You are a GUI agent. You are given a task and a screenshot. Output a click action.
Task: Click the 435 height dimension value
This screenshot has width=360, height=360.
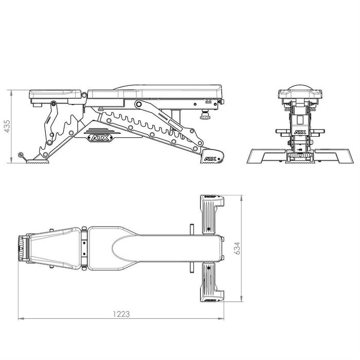[x=7, y=127]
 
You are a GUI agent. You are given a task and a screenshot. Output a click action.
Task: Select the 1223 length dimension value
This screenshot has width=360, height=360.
[x=122, y=313]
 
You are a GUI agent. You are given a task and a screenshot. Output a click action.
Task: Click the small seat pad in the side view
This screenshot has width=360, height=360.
[x=56, y=95]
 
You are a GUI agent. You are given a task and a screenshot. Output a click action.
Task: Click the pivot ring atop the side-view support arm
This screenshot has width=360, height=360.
[x=138, y=104]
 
